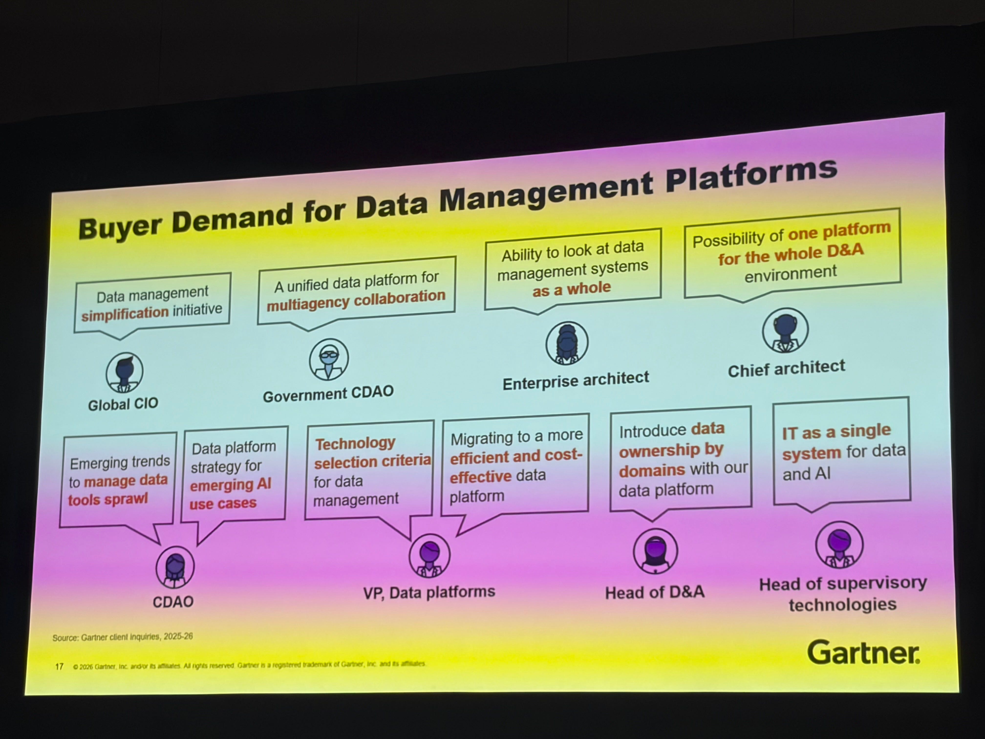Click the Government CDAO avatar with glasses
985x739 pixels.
[x=329, y=359]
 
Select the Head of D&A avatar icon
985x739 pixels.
[x=655, y=551]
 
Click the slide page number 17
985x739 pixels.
[x=59, y=666]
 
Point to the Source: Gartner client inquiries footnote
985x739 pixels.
[x=122, y=637]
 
